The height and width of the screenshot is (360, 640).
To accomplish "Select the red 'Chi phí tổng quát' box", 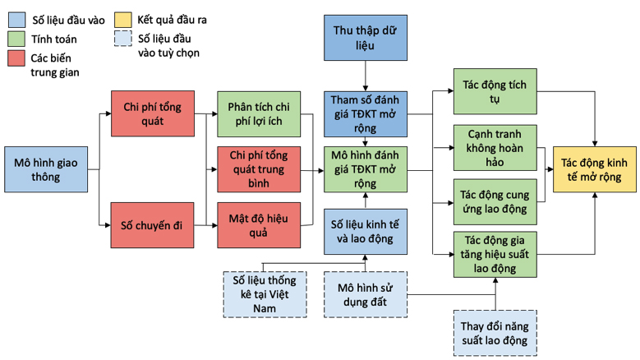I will tap(153, 113).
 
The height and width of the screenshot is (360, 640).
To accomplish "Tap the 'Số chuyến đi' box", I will tap(153, 225).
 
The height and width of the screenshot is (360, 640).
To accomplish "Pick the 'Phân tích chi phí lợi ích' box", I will tap(259, 113).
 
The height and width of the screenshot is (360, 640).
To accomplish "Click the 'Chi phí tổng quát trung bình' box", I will tap(259, 169).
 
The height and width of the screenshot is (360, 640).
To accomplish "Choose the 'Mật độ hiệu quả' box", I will tap(259, 225).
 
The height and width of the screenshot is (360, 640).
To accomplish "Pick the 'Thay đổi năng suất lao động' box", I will tap(495, 333).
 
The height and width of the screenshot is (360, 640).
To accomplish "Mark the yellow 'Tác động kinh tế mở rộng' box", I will tap(593, 170).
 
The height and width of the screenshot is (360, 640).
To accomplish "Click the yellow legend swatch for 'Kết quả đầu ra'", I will tap(122, 19).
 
